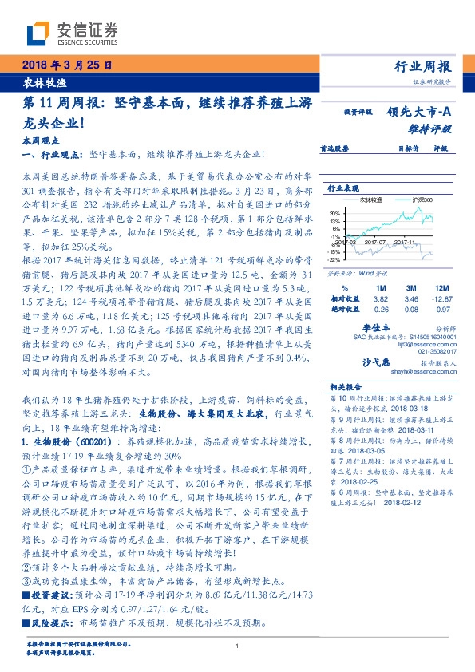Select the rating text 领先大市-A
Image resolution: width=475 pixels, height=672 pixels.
(x=420, y=113)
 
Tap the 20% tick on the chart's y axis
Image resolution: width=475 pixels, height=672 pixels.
(x=333, y=207)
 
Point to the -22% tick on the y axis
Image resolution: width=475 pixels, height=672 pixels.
(x=333, y=259)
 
